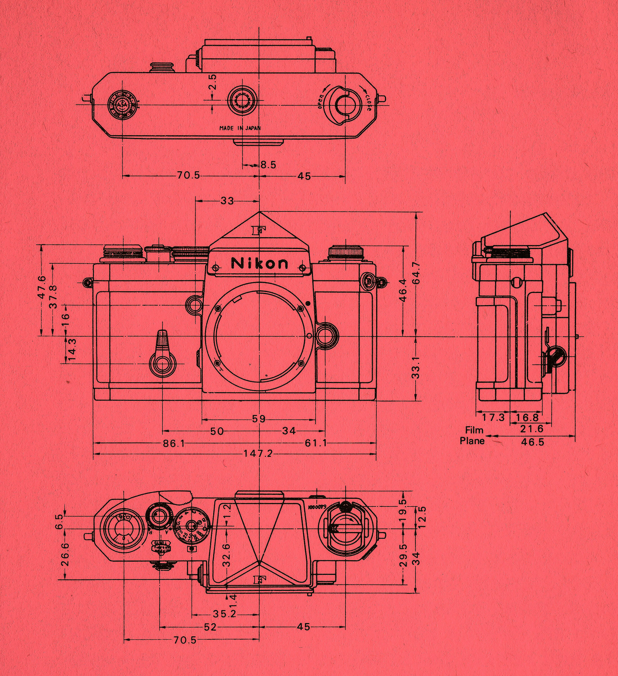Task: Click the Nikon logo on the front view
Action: click(x=259, y=263)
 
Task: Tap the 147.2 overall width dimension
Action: click(x=258, y=454)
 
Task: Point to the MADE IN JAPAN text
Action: click(x=240, y=128)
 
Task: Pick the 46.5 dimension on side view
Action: click(x=532, y=442)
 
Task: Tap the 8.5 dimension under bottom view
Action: click(x=268, y=165)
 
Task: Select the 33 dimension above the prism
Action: click(x=227, y=201)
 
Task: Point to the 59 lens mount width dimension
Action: click(x=258, y=419)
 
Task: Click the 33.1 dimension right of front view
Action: click(x=416, y=368)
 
